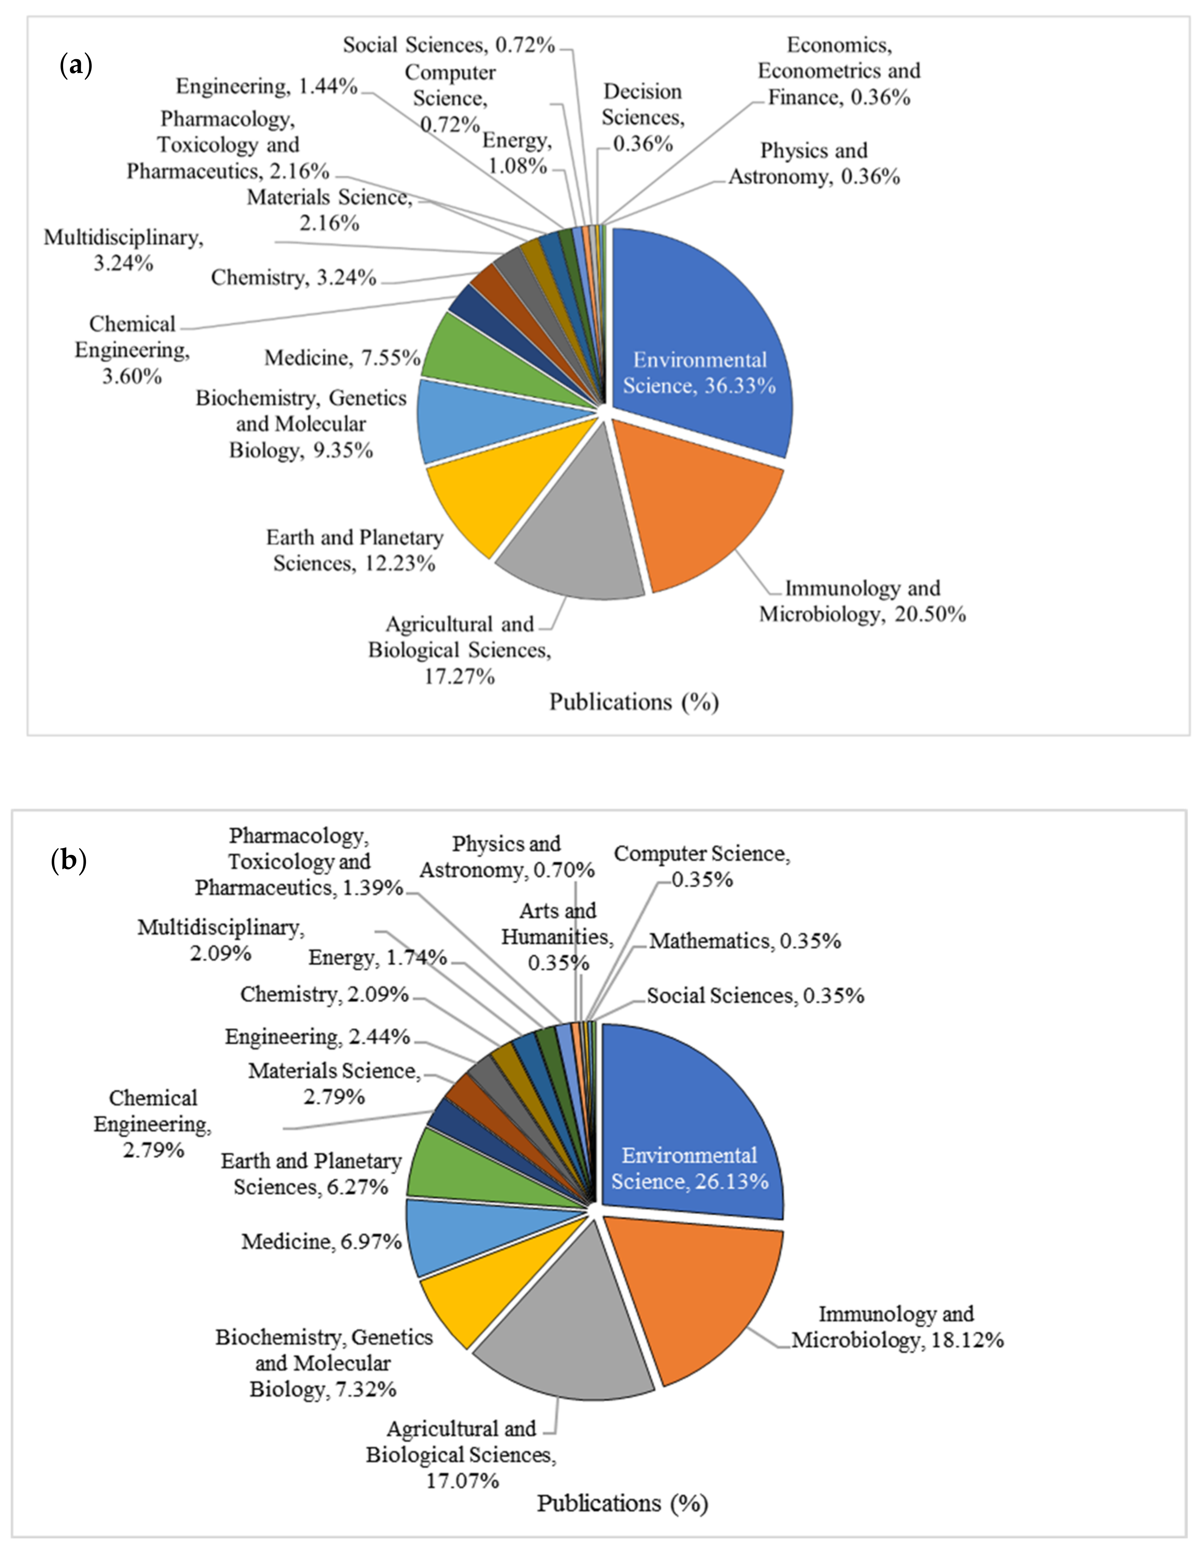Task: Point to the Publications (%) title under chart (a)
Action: (634, 702)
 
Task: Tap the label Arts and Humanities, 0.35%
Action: (558, 936)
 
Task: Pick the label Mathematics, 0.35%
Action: (745, 941)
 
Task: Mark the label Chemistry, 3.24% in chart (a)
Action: (293, 277)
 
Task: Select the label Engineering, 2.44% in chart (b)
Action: (317, 1037)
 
